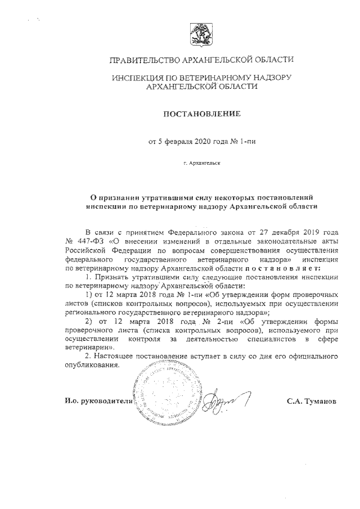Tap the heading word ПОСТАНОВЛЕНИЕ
coord(201,115)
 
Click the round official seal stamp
coord(163,394)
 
